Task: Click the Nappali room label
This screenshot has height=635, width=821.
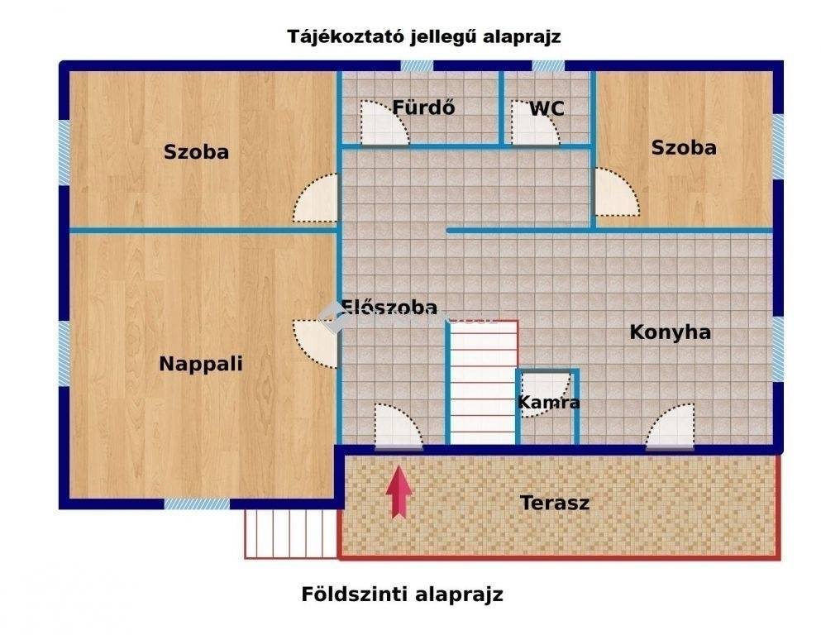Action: click(201, 364)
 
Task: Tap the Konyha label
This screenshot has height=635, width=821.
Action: click(671, 332)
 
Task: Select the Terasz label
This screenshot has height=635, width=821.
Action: click(555, 503)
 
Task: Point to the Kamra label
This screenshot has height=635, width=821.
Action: click(548, 402)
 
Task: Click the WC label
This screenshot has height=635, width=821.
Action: click(547, 109)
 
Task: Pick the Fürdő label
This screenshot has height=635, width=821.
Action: click(423, 107)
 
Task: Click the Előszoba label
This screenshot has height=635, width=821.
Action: click(389, 308)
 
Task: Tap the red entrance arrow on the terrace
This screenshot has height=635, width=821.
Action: click(399, 492)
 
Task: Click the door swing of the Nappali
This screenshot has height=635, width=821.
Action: click(315, 344)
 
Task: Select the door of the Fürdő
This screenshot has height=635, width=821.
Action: click(384, 122)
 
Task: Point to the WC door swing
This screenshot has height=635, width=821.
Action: click(535, 122)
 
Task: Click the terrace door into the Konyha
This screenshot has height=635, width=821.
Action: click(671, 427)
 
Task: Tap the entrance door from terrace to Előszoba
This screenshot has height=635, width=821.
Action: click(399, 427)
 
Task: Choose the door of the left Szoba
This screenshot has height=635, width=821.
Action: click(315, 198)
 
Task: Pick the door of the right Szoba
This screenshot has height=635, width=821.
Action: click(618, 192)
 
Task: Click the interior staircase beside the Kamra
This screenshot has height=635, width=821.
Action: click(484, 383)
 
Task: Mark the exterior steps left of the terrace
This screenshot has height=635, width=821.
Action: click(291, 533)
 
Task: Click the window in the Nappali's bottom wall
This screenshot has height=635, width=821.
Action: click(197, 504)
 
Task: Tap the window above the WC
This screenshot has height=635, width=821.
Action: click(548, 66)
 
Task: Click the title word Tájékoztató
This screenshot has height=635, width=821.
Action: click(345, 37)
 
